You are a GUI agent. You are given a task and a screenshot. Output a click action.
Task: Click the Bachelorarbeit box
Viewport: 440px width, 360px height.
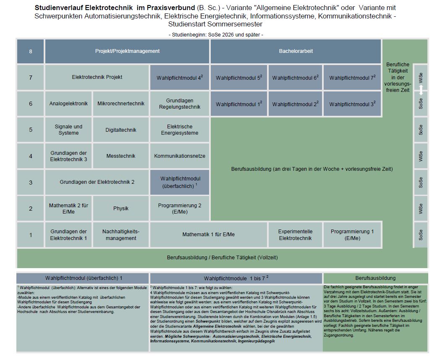(x=296, y=51)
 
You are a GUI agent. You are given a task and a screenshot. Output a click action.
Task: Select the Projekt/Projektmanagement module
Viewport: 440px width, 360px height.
(x=127, y=51)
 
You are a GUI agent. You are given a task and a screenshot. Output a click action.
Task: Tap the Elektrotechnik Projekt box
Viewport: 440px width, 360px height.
(x=97, y=77)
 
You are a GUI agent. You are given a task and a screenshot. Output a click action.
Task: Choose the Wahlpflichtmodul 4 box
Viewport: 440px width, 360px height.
(x=179, y=78)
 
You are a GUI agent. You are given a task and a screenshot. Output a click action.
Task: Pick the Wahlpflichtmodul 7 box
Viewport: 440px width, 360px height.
(x=352, y=78)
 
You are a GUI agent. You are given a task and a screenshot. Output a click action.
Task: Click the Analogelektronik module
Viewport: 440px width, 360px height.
(x=68, y=104)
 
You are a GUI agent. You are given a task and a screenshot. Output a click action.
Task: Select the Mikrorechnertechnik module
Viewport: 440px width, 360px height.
(x=121, y=104)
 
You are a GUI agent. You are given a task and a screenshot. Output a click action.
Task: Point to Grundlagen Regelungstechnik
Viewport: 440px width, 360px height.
(x=179, y=104)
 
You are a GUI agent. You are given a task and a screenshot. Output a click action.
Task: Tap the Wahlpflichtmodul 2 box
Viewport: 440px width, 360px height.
(x=295, y=104)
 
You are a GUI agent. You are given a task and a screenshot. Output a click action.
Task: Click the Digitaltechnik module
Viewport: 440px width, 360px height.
(x=121, y=130)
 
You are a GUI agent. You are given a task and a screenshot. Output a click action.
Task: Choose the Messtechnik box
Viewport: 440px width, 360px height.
(x=121, y=156)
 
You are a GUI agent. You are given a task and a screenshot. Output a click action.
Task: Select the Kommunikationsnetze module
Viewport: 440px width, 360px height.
(x=179, y=156)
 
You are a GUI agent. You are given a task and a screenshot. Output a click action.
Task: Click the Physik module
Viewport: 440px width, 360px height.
(x=121, y=208)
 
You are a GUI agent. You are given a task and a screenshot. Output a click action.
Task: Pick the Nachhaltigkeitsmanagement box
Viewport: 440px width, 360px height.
(x=121, y=235)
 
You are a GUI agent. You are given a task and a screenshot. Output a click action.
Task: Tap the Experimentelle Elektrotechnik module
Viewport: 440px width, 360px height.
(x=295, y=235)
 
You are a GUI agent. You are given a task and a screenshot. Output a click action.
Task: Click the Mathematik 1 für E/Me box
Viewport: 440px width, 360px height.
(x=208, y=235)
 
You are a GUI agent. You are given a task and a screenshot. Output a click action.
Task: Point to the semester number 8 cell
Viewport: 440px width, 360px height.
(x=30, y=51)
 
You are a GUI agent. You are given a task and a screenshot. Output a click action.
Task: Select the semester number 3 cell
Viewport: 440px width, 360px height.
(x=30, y=182)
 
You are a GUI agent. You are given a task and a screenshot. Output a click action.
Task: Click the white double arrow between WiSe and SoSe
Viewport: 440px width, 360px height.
(x=421, y=90)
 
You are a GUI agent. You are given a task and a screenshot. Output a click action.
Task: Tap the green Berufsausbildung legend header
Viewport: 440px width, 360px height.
(x=375, y=278)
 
